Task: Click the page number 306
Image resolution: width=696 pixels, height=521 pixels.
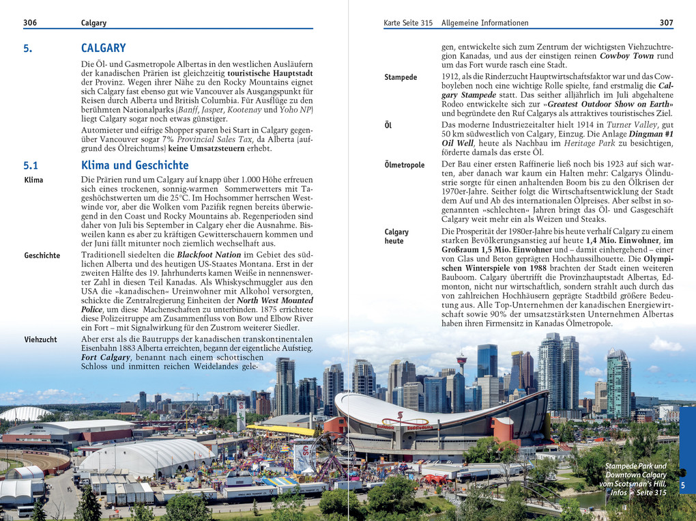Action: pos(30,23)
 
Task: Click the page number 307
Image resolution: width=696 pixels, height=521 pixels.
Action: pos(666,23)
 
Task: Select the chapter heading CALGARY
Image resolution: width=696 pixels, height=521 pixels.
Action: pos(103,48)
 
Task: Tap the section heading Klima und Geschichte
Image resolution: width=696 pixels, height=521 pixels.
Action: pos(134,165)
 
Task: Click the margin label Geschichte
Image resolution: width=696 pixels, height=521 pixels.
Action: pos(42,255)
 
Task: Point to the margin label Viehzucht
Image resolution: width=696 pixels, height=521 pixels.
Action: pos(40,339)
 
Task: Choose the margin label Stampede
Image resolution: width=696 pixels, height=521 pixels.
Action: pos(401,77)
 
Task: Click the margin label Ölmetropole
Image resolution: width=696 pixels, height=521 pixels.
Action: pos(404,165)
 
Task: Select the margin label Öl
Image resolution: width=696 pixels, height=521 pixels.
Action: pos(388,125)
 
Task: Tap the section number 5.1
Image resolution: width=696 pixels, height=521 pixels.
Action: pos(31,165)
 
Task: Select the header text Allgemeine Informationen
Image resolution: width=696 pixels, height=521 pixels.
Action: pos(484,23)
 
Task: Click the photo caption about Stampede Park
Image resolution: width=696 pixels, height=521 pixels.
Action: pos(635,479)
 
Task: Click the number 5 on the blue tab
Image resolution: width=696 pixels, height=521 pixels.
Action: pos(683,484)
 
